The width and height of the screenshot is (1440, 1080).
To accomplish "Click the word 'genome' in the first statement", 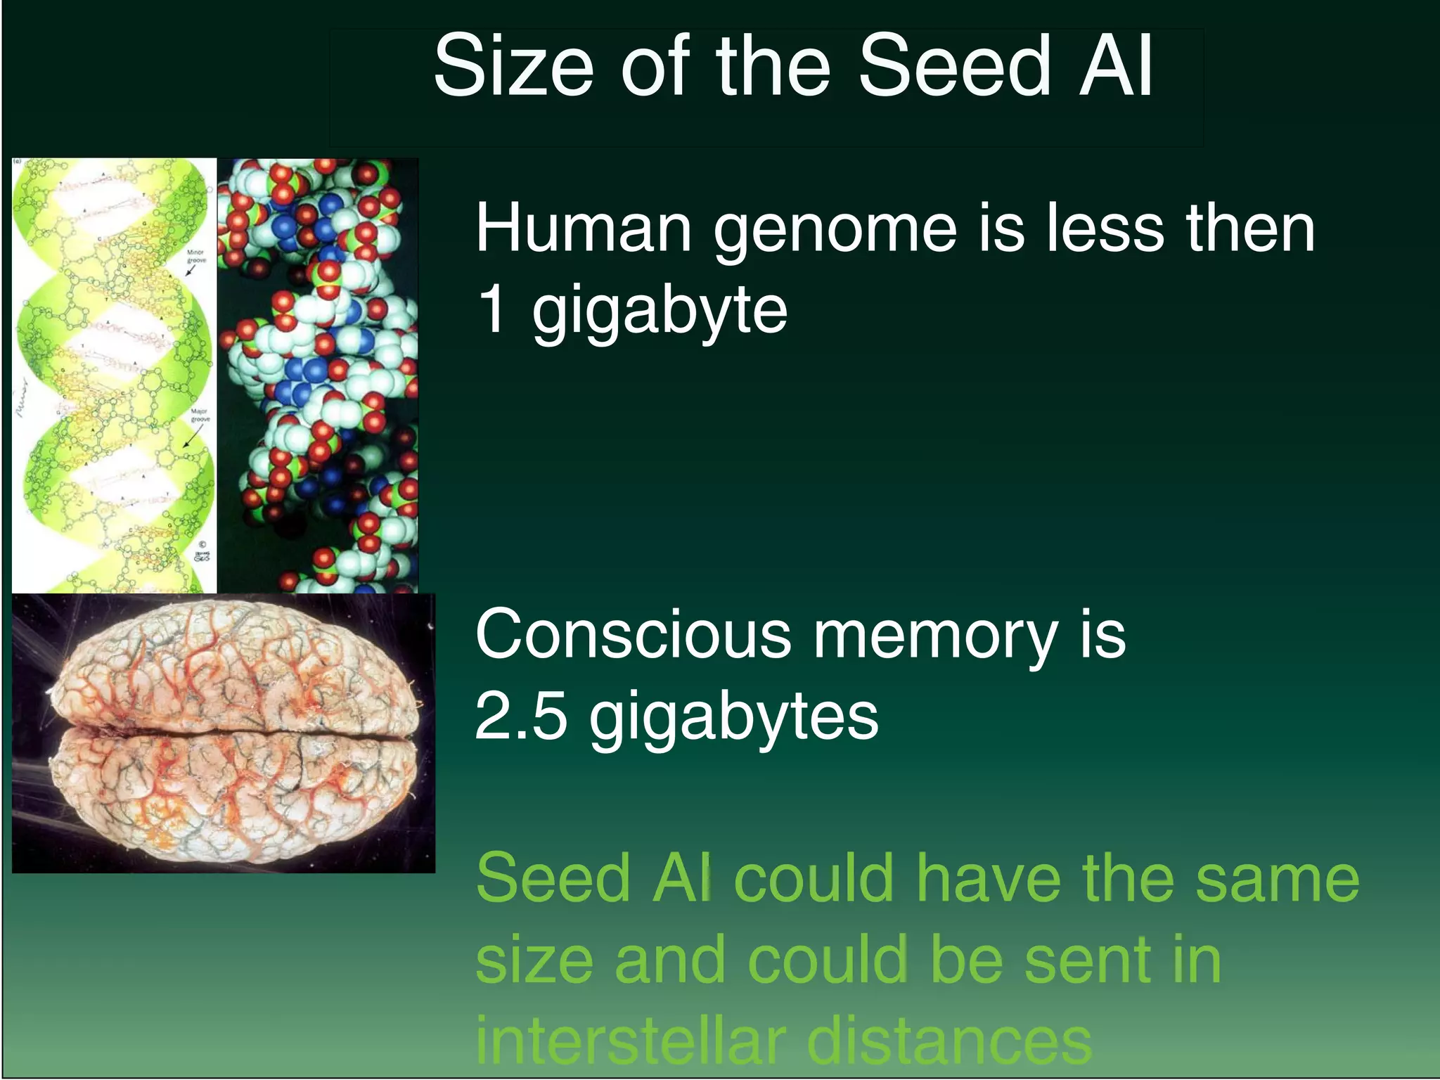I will pos(835,229).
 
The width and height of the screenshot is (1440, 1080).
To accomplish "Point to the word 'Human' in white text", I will pos(584,228).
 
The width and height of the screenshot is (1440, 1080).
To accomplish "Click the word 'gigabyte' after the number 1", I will pos(660,311).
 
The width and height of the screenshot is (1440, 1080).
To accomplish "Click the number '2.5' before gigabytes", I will pos(520,716).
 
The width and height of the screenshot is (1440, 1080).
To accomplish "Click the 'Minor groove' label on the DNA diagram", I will pos(196,256).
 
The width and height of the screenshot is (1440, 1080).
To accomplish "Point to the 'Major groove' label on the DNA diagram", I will pos(200,415).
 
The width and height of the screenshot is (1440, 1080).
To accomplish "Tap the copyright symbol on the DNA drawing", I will pos(202,544).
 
